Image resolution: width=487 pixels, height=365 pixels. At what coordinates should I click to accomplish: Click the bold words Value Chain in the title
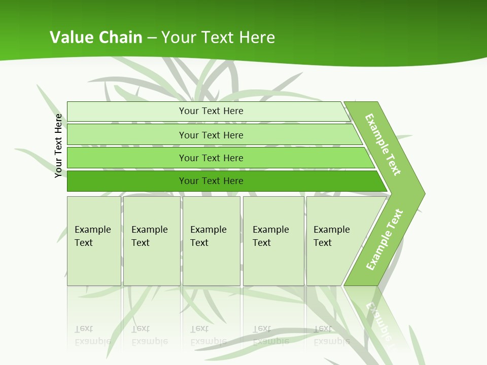tap(96, 38)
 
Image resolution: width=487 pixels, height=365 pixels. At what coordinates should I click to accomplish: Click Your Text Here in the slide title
tap(218, 38)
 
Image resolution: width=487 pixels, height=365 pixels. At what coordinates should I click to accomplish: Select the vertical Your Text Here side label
tap(58, 145)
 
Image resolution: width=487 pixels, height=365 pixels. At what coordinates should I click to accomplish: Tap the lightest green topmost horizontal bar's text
tap(211, 111)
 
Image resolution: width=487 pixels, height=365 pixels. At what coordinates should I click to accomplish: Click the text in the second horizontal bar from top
tap(211, 135)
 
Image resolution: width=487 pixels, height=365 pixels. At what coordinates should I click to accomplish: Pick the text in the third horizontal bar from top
tap(211, 158)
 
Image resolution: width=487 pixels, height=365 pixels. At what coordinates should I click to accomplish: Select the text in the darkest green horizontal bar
tap(211, 181)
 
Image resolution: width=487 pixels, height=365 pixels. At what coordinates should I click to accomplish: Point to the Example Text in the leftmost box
tap(92, 236)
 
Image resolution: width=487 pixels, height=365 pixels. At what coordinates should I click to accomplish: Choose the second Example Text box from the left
tap(150, 236)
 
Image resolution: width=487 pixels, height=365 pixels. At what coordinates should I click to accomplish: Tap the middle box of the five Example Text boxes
tap(208, 236)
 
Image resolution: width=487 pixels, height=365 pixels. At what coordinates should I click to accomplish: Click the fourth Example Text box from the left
tap(271, 236)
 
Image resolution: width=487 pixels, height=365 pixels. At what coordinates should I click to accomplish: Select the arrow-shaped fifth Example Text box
tap(332, 236)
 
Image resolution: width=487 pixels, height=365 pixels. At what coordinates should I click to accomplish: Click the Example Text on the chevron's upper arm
tap(383, 144)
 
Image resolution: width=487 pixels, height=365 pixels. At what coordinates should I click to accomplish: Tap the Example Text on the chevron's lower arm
tap(385, 239)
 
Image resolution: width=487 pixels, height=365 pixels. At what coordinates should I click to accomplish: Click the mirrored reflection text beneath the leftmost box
tap(92, 335)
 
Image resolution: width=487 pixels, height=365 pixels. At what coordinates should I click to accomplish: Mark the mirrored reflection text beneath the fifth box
tap(332, 335)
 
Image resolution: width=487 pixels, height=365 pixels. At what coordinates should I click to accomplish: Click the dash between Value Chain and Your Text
tap(152, 38)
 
